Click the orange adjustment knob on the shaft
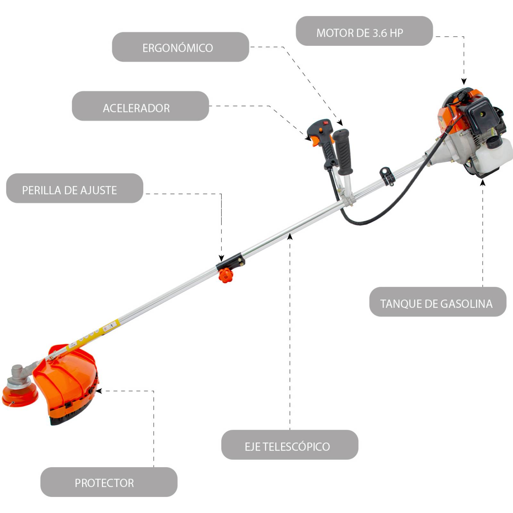coord(226,275)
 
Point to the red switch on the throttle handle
coord(326,122)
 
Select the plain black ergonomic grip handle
coord(343,151)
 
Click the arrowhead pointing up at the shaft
coord(290,237)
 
